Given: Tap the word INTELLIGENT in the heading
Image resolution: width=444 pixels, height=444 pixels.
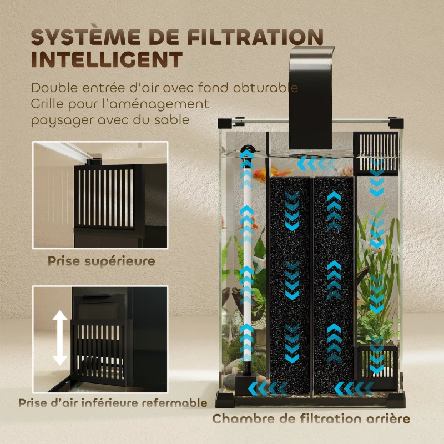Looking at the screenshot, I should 106,59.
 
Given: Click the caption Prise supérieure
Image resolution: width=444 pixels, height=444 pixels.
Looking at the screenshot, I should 100,261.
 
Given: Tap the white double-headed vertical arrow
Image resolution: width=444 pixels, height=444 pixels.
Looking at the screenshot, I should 60,337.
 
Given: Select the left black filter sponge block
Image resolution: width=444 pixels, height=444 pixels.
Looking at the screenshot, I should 290,283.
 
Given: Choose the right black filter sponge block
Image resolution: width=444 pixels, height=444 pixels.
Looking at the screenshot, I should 333,283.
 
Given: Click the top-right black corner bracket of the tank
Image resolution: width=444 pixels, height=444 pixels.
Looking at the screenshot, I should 396,122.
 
